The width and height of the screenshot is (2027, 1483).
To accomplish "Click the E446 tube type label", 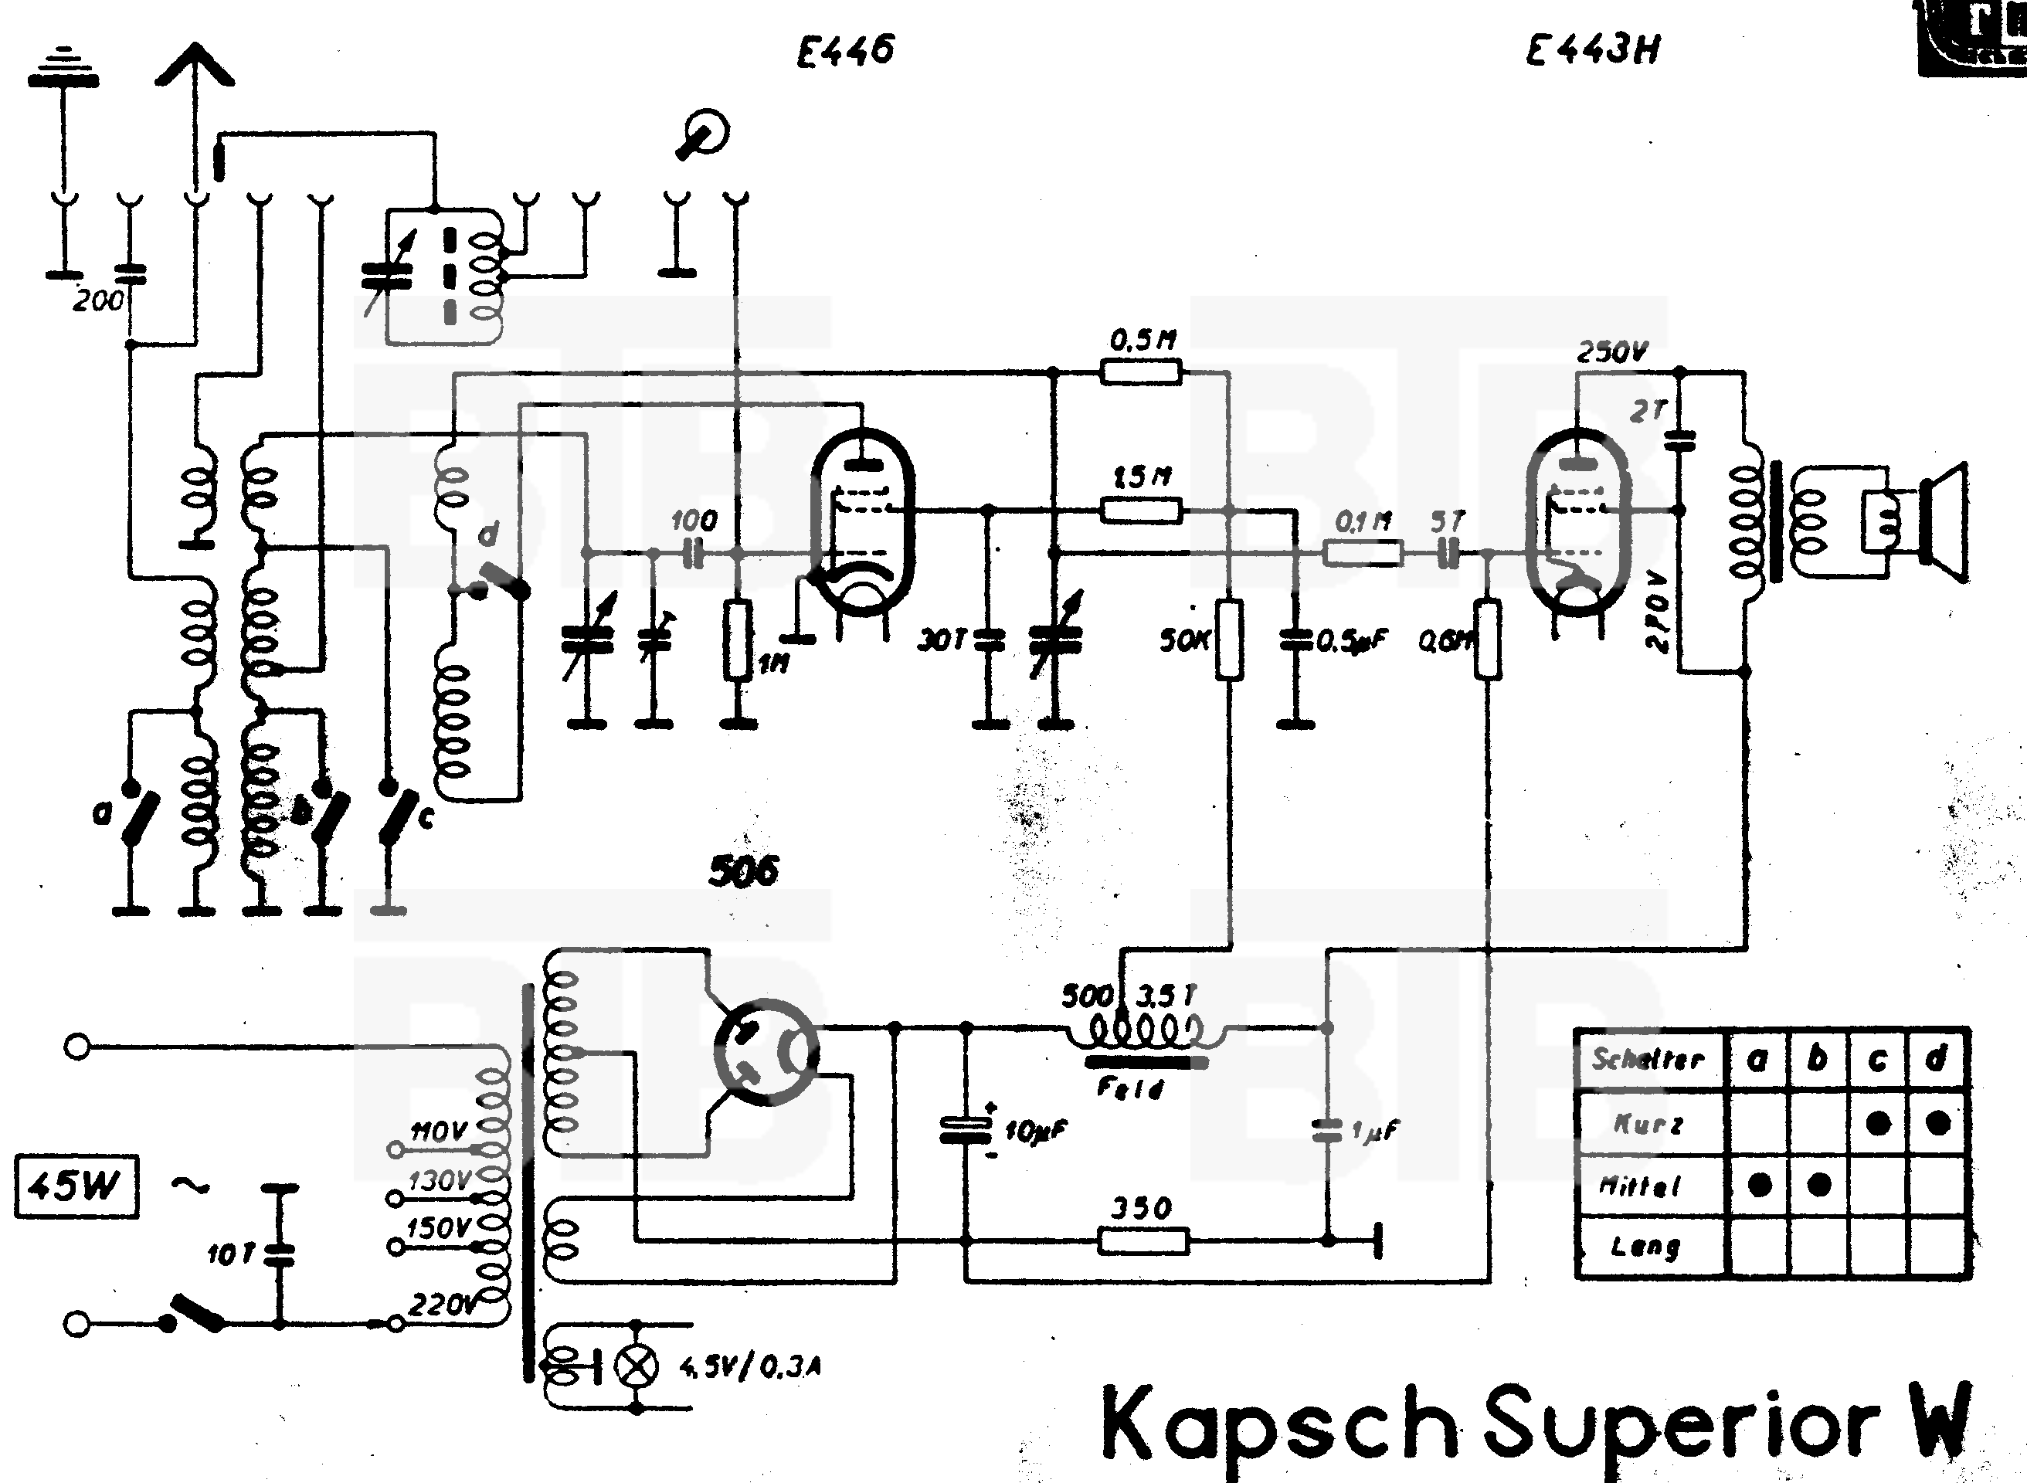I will [x=846, y=50].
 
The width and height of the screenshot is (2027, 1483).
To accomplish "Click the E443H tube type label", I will [x=1593, y=50].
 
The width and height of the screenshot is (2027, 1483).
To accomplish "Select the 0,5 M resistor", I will [x=1141, y=371].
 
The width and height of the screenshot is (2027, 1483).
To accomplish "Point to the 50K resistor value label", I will [x=1184, y=641].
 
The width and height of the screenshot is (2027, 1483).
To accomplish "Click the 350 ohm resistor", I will [x=1143, y=1241].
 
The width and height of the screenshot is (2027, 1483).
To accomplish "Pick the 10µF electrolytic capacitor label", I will [x=1036, y=1131].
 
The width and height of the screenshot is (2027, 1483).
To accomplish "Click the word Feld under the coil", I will [x=1129, y=1089].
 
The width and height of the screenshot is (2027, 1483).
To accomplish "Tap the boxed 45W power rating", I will [x=76, y=1186].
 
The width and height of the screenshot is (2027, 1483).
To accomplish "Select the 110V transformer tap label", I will [x=439, y=1132].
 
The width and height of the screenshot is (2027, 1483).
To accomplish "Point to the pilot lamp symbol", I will [x=636, y=1366].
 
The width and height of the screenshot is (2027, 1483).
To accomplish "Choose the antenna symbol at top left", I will [x=195, y=67].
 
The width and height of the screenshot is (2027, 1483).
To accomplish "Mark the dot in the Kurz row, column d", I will [x=1937, y=1122].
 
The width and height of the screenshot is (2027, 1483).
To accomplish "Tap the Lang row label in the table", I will [x=1645, y=1246].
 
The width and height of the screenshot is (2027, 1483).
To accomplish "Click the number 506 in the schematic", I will [x=743, y=870].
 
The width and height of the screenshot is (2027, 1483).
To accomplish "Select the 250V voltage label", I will [x=1612, y=352].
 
